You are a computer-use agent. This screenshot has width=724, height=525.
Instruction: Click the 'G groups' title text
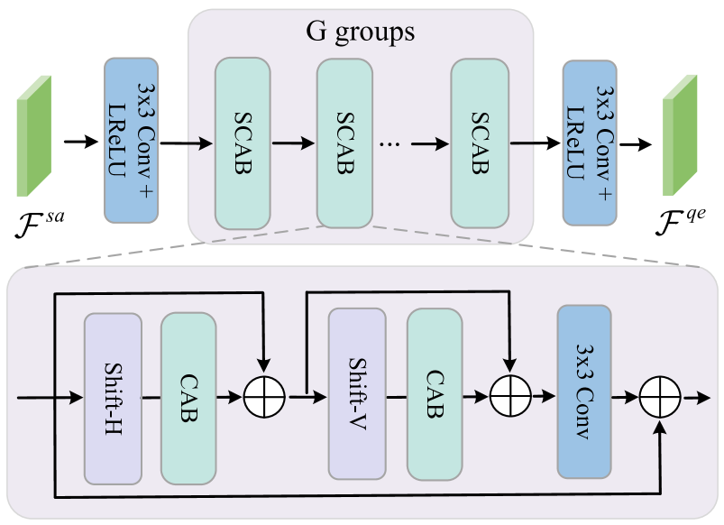click(361, 33)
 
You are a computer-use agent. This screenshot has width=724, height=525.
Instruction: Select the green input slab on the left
click(33, 136)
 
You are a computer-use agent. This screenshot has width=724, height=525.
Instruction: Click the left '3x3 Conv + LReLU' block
click(132, 140)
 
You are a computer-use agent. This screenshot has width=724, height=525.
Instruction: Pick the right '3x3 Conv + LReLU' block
click(589, 142)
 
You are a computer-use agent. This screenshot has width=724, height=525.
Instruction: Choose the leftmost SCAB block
click(242, 143)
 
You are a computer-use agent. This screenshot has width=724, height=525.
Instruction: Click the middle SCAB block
click(344, 143)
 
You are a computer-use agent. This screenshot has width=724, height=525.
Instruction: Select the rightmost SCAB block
click(479, 143)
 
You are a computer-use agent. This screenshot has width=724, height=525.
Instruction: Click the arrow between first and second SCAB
click(293, 143)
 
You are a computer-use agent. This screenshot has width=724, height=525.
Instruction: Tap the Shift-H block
click(113, 398)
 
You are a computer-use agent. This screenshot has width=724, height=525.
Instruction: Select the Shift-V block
click(357, 392)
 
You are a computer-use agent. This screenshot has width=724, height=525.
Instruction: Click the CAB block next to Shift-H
click(188, 398)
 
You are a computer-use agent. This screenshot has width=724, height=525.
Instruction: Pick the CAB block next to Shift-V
click(434, 393)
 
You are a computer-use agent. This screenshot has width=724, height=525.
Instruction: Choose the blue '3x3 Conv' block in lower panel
click(584, 391)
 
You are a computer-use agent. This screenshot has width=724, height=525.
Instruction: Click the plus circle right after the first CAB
click(264, 395)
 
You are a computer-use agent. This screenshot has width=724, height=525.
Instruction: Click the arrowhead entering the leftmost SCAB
click(208, 143)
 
